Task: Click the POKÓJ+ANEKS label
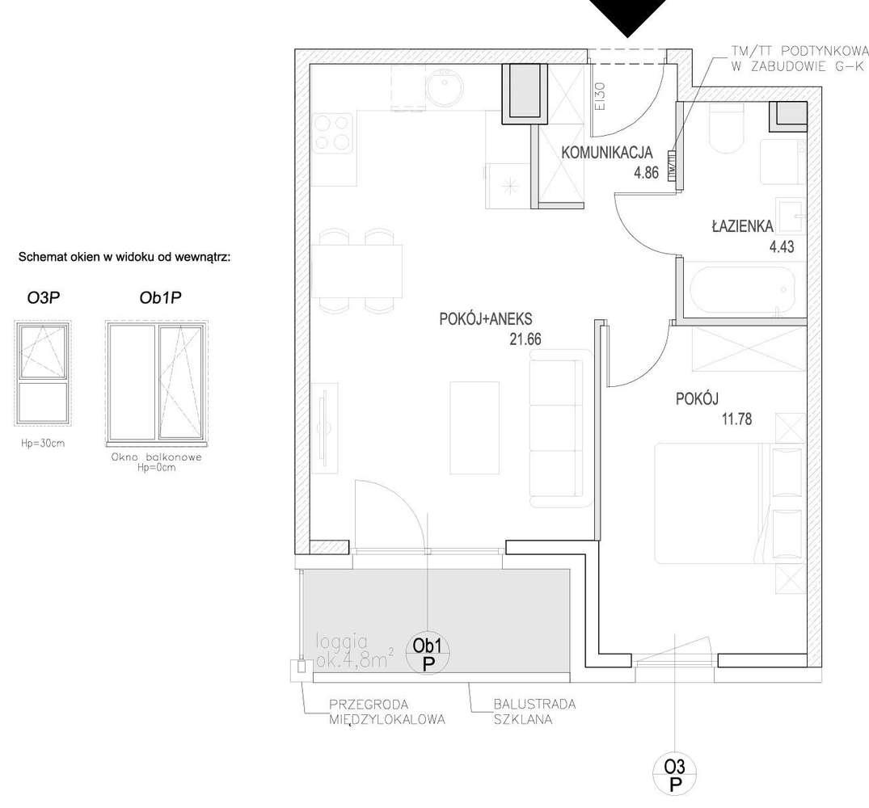(485, 319)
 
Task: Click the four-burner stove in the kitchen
(332, 133)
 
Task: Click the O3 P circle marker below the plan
(674, 775)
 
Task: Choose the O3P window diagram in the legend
(44, 373)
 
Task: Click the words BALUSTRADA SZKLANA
(534, 711)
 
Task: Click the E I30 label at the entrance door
(599, 96)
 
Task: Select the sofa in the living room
(556, 427)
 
